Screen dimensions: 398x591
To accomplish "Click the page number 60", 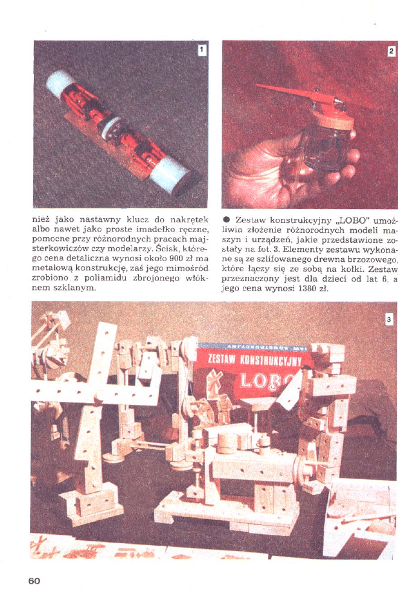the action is [x=34, y=581].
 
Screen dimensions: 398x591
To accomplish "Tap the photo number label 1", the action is [x=202, y=50].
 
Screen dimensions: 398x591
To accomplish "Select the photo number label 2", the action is [x=391, y=51].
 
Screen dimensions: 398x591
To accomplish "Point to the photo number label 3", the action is [x=390, y=320].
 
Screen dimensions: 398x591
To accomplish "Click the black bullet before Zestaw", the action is [x=226, y=220].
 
